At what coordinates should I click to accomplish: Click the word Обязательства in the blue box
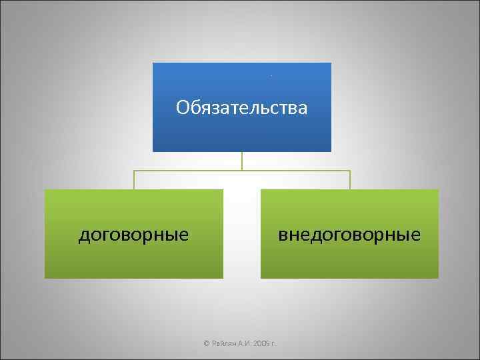(241, 107)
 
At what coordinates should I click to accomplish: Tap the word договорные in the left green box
(133, 235)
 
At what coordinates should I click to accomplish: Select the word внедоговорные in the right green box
(349, 235)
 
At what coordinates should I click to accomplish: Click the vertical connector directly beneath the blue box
(242, 161)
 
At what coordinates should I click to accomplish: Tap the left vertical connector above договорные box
(134, 180)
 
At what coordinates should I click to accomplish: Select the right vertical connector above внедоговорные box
(350, 180)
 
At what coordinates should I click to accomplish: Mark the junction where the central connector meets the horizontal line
(242, 171)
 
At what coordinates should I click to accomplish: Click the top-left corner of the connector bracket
(134, 171)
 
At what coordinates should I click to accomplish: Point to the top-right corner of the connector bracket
(350, 171)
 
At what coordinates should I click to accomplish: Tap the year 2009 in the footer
(261, 343)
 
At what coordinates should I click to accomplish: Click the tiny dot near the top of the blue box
(271, 75)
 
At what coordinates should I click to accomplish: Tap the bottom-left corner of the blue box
(153, 151)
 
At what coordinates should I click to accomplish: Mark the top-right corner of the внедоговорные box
(438, 190)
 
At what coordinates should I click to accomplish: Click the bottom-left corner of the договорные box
(45, 277)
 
